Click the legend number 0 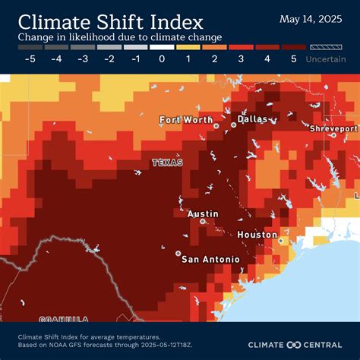click(x=162, y=58)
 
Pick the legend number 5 click(x=293, y=58)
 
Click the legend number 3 click(x=241, y=58)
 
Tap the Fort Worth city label click(x=186, y=119)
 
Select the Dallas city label click(x=252, y=118)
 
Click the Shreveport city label click(x=333, y=129)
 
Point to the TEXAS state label click(x=167, y=163)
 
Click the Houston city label click(x=257, y=235)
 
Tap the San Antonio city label click(x=210, y=259)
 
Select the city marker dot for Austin click(x=203, y=222)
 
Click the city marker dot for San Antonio click(x=178, y=253)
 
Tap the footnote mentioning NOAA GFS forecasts click(x=96, y=343)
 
